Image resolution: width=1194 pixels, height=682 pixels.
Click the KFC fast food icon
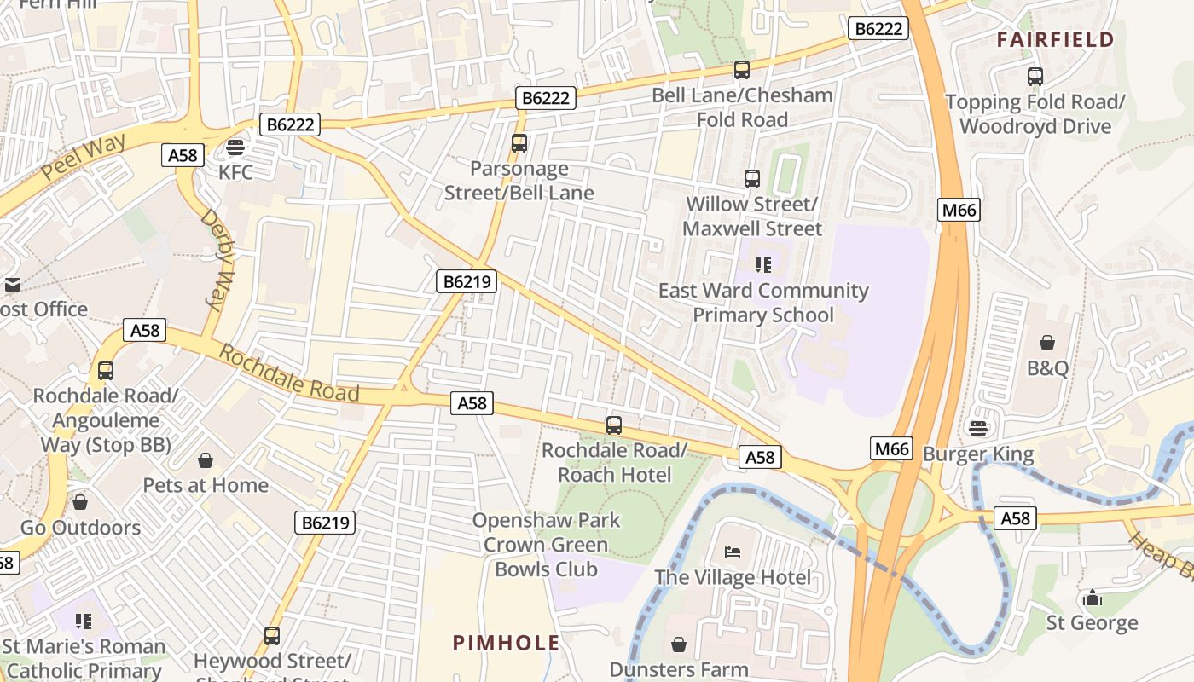click(235, 147)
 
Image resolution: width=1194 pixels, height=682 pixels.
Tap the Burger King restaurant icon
click(978, 427)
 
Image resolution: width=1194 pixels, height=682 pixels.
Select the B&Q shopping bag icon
click(1047, 343)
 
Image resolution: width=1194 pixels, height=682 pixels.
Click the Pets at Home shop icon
click(206, 460)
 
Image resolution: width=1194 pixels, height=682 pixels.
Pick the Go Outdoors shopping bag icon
click(80, 502)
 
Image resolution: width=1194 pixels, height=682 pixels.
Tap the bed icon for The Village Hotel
click(733, 552)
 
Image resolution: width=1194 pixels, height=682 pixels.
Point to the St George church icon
click(1093, 598)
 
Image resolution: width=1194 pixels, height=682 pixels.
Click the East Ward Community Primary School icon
click(763, 265)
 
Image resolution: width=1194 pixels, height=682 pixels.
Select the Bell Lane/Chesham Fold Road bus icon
click(742, 70)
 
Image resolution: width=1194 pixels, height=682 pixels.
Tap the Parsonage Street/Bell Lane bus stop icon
click(519, 143)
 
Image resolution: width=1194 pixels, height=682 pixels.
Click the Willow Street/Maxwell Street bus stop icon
click(752, 179)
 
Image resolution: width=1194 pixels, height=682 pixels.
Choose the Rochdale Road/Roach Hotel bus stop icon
click(614, 425)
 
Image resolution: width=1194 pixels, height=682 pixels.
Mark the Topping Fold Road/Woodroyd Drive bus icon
click(1035, 77)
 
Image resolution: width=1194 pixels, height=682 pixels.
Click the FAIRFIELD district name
click(1055, 39)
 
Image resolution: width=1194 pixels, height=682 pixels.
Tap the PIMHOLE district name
click(507, 643)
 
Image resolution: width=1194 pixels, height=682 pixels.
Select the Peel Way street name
click(83, 157)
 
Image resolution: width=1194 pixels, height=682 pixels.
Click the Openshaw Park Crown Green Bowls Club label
click(546, 545)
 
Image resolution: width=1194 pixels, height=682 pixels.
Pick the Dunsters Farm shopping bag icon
click(679, 644)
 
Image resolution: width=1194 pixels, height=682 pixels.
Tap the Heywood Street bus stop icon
click(272, 635)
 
